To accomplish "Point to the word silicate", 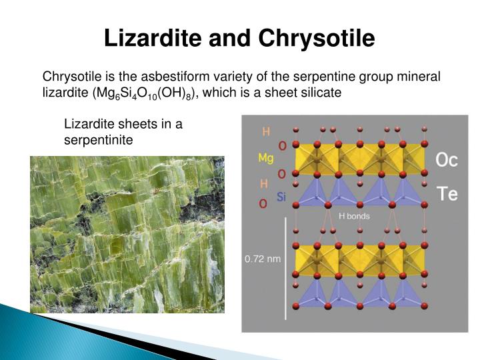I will (x=319, y=93).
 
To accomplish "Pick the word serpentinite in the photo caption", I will (x=99, y=141).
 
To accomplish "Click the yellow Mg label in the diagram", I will (x=265, y=158).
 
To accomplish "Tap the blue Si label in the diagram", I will (x=281, y=197).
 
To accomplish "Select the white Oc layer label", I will (x=446, y=160).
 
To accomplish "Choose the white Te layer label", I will (x=446, y=194).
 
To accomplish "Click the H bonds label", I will (x=354, y=216).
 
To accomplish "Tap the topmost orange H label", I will (x=265, y=131).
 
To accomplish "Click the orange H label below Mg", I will (x=264, y=183).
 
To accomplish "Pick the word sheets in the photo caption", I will (x=137, y=124).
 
